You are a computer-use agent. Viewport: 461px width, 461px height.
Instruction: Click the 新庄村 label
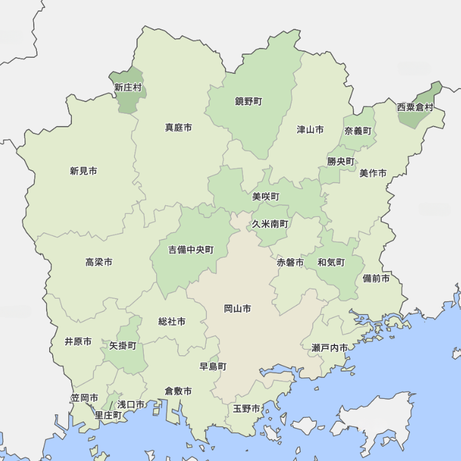pos(128,87)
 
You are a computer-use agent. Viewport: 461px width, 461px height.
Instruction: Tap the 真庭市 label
pos(178,128)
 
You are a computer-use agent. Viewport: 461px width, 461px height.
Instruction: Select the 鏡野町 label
pos(248,101)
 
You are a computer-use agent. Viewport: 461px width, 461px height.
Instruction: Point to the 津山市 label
pos(310,130)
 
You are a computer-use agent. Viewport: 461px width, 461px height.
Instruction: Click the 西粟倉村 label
pos(415,107)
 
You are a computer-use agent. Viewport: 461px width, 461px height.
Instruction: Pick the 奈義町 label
pos(358,131)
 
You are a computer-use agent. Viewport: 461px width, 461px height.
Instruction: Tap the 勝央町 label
pos(341,162)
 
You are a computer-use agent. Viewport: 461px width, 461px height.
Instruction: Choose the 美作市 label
pos(373,173)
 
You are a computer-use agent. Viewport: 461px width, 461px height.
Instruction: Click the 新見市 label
pos(84,171)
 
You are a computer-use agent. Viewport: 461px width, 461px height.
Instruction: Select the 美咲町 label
pos(266,197)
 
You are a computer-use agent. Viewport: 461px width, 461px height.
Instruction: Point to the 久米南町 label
pos(270,224)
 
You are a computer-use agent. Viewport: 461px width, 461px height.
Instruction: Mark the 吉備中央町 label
pos(191,250)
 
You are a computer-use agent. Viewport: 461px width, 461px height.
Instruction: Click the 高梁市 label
pos(99,262)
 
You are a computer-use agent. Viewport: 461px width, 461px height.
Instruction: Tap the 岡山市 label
pos(237,309)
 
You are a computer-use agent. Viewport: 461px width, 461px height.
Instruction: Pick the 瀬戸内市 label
pos(329,348)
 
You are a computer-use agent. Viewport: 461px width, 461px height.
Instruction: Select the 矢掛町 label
pos(123,346)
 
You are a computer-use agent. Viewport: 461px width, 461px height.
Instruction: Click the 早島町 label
pos(213,366)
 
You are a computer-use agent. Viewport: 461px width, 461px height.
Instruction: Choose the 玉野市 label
pos(246,409)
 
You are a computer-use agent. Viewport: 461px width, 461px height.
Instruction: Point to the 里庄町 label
pos(108,415)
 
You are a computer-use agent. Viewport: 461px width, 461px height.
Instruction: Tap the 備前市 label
pos(376,278)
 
